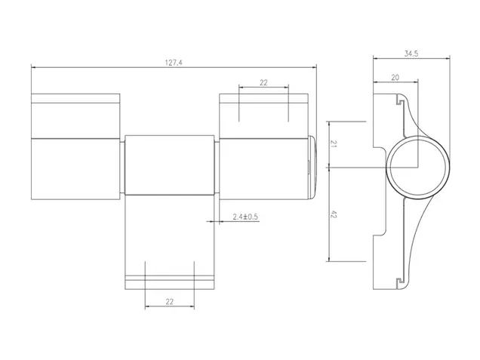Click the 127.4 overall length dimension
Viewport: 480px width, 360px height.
(x=174, y=63)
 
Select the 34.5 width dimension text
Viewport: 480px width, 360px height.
(x=411, y=54)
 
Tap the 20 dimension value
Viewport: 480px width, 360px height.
(x=395, y=78)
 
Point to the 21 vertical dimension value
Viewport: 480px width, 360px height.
(x=334, y=144)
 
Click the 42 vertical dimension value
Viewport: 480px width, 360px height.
(x=334, y=214)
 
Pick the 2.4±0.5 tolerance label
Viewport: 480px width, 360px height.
(x=245, y=217)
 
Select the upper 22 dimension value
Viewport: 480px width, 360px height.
(x=263, y=83)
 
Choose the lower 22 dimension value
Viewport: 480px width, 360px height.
(x=170, y=302)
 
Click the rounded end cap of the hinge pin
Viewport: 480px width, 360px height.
(x=312, y=167)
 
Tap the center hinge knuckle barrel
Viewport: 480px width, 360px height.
(x=170, y=165)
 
